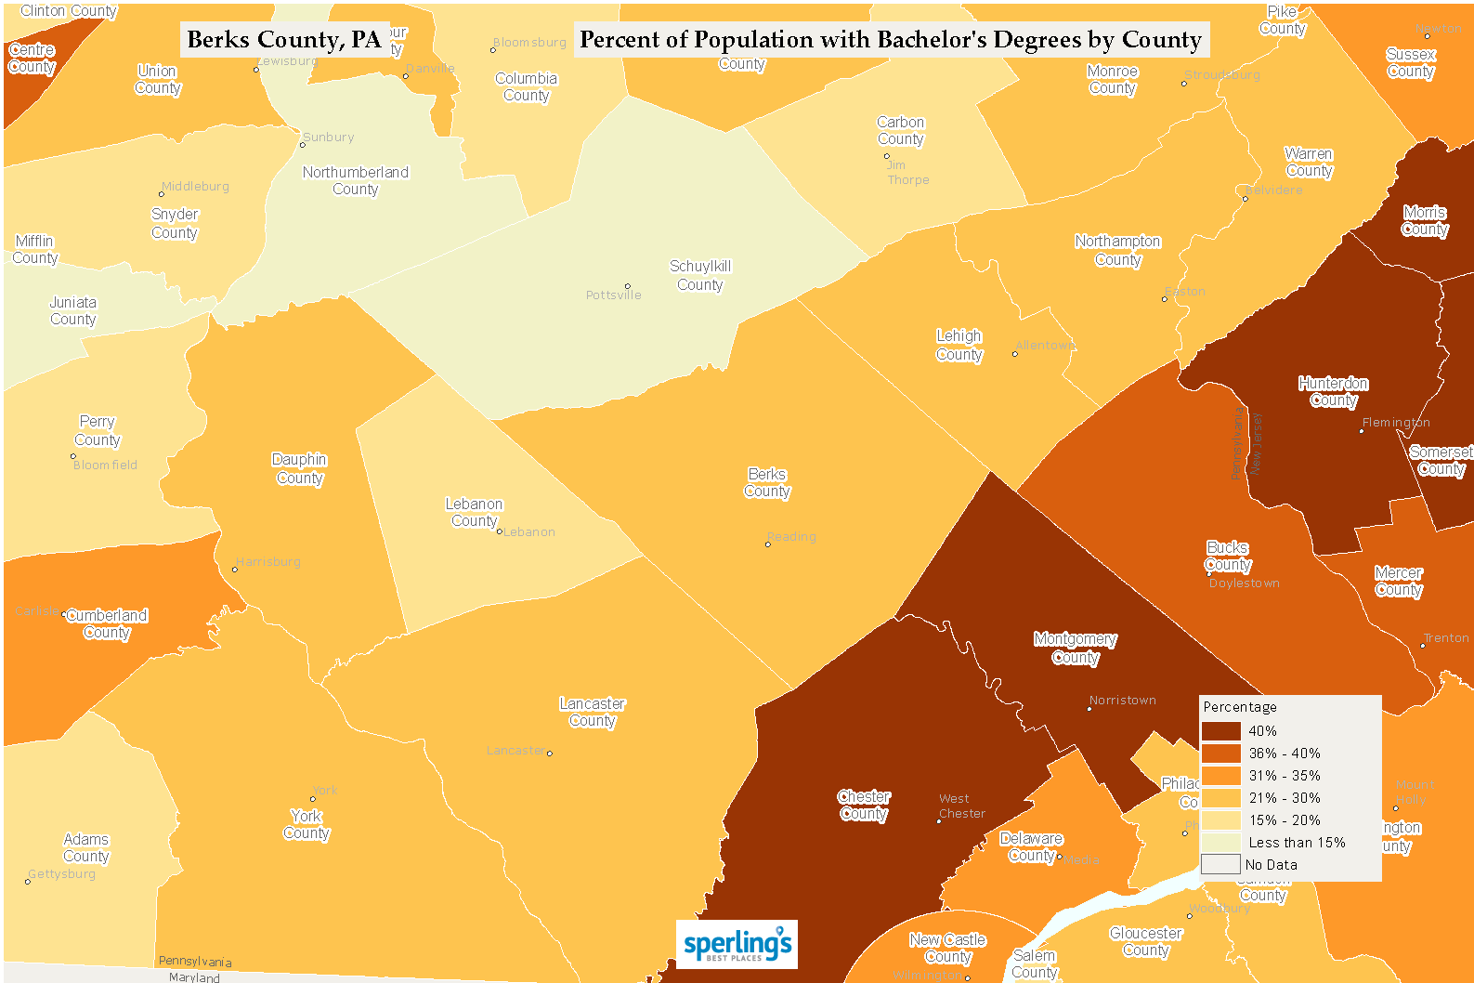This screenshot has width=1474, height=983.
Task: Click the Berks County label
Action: click(766, 482)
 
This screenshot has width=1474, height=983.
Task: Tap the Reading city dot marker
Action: click(767, 544)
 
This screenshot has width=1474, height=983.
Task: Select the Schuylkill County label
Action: click(700, 275)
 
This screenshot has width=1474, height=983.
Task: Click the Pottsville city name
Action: click(613, 295)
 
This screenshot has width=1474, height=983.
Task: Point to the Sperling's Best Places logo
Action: click(737, 945)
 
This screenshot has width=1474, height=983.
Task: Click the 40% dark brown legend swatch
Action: click(1220, 731)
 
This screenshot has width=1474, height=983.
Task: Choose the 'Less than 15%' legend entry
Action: click(1297, 843)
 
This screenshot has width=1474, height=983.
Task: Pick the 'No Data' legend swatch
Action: click(1220, 864)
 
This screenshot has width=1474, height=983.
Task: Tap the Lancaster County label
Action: click(592, 712)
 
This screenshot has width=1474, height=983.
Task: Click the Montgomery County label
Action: click(1075, 648)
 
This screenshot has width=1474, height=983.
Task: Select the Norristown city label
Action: click(1122, 701)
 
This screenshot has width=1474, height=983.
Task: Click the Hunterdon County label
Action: click(1333, 391)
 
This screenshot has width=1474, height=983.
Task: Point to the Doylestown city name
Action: click(1244, 583)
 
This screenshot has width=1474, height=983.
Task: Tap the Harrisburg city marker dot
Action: click(234, 570)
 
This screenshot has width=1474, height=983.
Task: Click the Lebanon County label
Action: click(474, 512)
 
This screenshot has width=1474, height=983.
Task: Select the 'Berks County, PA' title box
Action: click(284, 40)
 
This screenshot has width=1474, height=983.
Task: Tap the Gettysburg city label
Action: click(62, 874)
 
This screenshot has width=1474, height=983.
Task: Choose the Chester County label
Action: click(864, 805)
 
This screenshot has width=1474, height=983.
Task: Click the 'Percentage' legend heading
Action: click(1239, 707)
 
